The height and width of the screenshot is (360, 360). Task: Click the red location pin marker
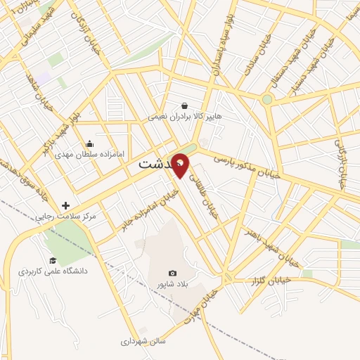[x=181, y=165]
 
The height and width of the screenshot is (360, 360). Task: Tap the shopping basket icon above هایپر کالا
[x=184, y=105]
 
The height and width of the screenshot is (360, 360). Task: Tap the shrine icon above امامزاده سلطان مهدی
[x=89, y=143]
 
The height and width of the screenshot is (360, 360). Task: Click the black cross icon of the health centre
[x=66, y=206]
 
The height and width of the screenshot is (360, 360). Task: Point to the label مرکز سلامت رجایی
[x=67, y=217]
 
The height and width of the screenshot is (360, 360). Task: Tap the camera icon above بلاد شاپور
[x=172, y=274]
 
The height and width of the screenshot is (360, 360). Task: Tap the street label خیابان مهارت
[x=198, y=314]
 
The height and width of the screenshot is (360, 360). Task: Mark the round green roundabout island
[x=267, y=99]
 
